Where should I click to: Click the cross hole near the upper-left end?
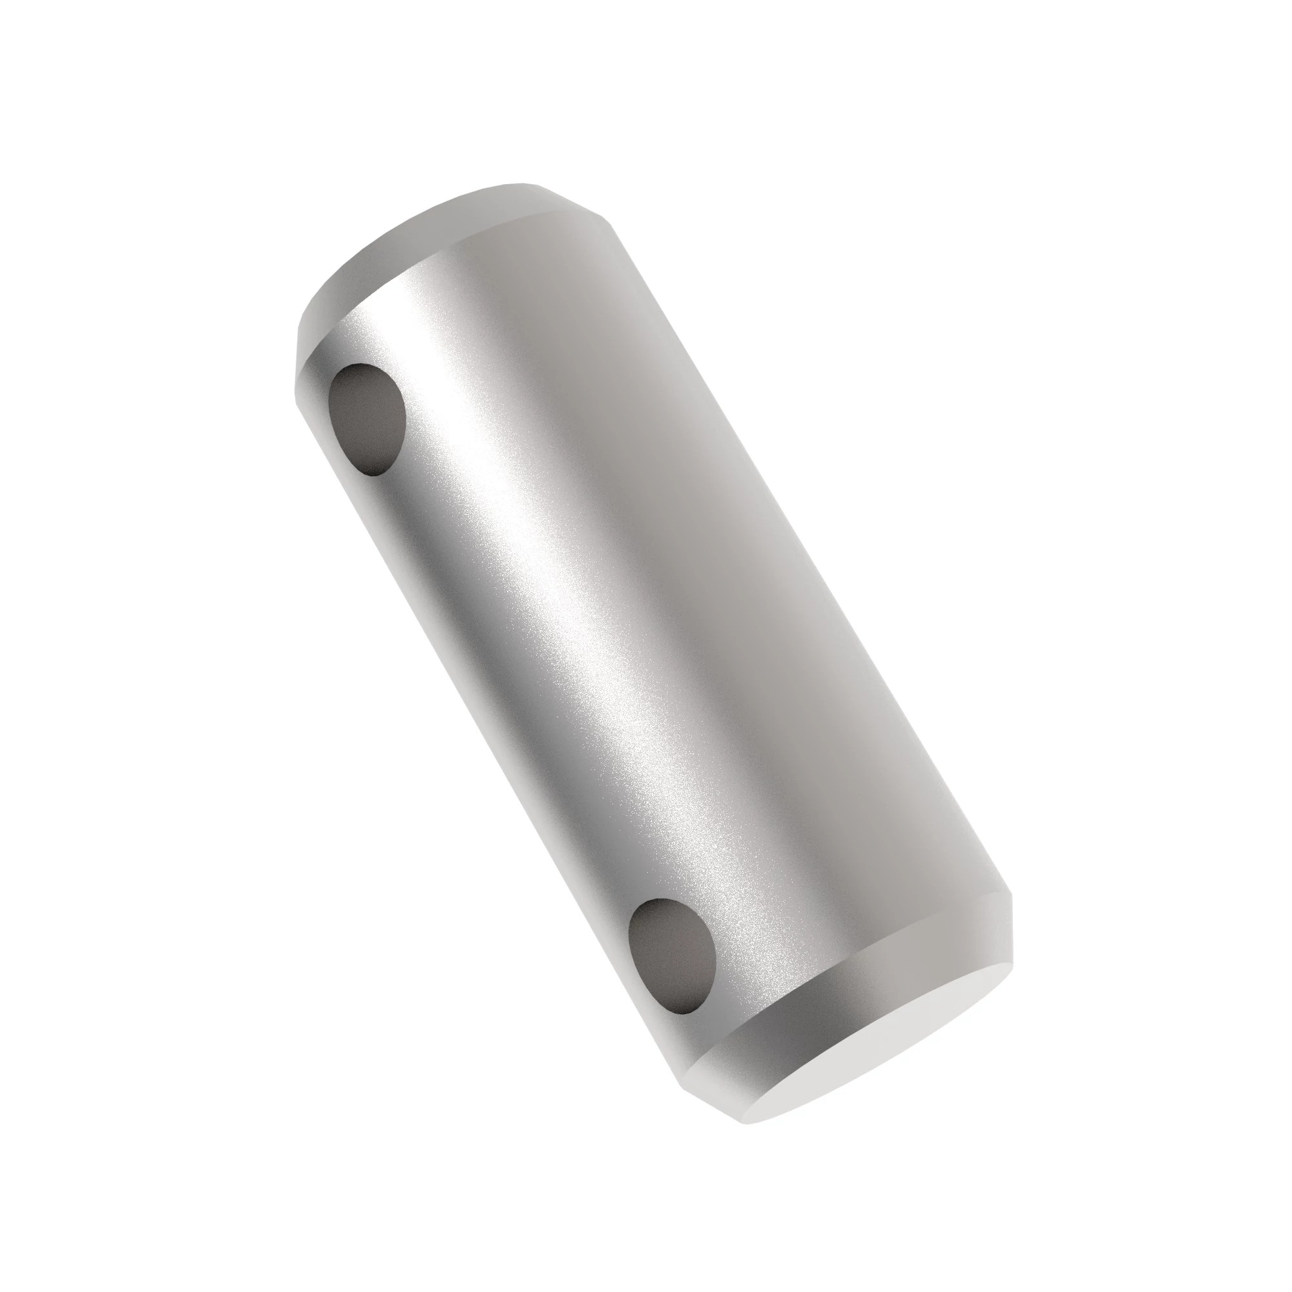click(368, 419)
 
